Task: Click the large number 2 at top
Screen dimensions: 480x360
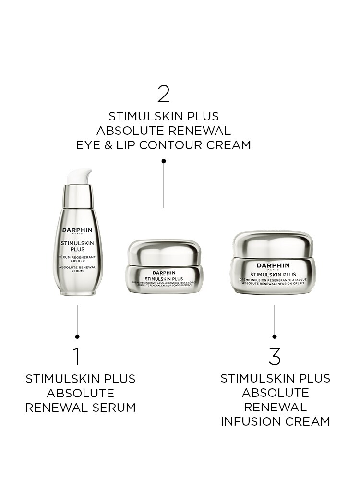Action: click(x=164, y=94)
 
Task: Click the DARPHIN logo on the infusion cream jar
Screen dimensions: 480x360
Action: click(x=273, y=265)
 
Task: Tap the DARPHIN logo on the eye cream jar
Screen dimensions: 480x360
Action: click(x=164, y=273)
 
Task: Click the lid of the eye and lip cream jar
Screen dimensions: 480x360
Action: click(x=164, y=252)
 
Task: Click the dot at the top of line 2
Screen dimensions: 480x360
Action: click(x=164, y=161)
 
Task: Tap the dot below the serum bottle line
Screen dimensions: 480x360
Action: click(x=77, y=337)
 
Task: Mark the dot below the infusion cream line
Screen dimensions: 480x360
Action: click(x=275, y=337)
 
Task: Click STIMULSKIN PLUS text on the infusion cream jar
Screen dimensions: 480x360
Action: click(x=273, y=275)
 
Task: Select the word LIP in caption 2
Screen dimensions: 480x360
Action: click(x=132, y=145)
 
